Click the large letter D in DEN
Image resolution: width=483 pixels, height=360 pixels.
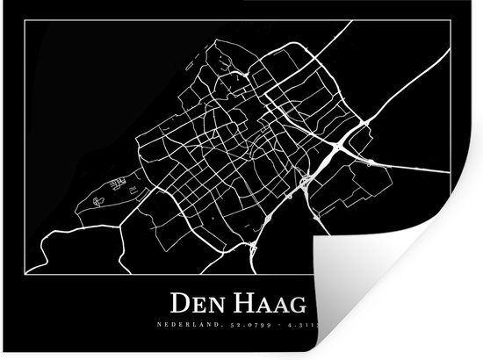[177, 304]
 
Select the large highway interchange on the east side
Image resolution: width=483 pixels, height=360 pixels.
[338, 146]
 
